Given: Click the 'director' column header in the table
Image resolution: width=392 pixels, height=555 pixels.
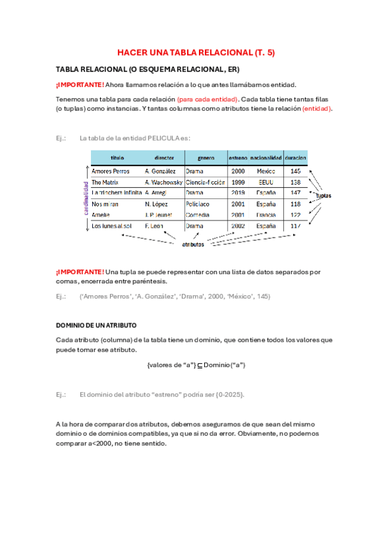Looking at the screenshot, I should click(164, 158).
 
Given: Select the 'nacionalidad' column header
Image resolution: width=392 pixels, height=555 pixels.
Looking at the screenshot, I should click(266, 158).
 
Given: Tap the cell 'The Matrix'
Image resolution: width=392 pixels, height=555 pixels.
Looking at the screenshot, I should click(105, 182).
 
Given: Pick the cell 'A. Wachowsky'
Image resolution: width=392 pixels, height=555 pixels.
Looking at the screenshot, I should click(164, 182).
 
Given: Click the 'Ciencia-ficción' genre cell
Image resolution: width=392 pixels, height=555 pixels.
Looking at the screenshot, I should click(205, 182).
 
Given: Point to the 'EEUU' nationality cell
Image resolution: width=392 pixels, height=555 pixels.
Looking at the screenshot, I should click(266, 182).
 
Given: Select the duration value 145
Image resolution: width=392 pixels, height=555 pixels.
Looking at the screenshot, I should click(296, 171).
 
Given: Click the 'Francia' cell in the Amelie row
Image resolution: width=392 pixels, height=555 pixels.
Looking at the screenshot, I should click(266, 215).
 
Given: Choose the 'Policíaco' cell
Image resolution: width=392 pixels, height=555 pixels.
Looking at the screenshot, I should click(198, 204).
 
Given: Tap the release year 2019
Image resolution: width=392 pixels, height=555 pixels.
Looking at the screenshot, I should click(238, 193).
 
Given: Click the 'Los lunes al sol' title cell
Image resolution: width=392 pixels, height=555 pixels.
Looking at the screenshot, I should click(112, 226).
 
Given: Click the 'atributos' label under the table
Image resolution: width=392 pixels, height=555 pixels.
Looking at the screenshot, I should click(193, 245).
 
